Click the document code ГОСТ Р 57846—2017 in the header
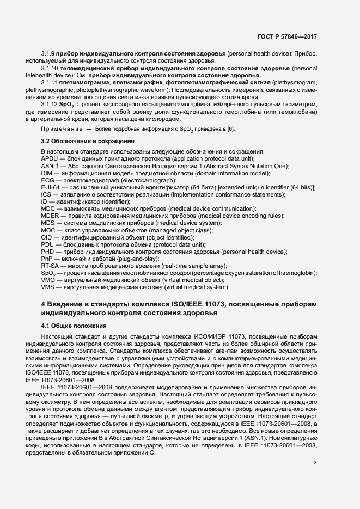coord(288,36)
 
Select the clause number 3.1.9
coord(48,56)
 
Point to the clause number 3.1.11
coord(50,82)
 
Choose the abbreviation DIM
coord(46,173)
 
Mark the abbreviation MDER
coord(51,216)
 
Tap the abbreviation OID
coord(46,237)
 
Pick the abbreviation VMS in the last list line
coord(48,287)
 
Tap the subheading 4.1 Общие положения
coord(74,326)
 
